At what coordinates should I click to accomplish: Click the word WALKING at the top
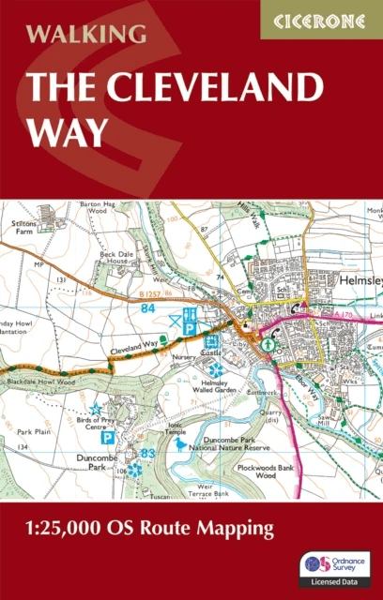pos(86,35)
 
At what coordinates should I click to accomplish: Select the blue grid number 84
pos(146,307)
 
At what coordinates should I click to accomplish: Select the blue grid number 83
pos(146,455)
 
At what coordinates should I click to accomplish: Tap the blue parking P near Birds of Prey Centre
pos(108,437)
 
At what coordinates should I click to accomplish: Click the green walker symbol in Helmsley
pos(268,344)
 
